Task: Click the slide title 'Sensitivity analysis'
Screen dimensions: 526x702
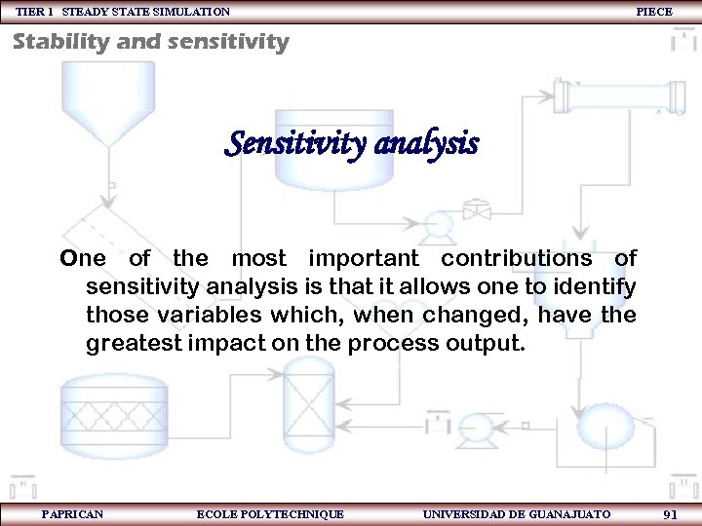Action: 352,145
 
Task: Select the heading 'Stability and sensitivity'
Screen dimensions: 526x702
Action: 151,42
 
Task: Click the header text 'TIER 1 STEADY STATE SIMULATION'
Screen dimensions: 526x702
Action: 123,12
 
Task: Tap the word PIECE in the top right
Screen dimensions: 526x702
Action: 653,12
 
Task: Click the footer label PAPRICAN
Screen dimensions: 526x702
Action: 73,513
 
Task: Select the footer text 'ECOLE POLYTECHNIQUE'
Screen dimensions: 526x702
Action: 270,513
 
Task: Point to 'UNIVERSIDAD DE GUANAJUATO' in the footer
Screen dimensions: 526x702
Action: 517,513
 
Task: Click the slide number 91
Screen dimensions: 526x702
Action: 670,513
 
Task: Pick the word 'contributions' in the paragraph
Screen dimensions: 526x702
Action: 516,258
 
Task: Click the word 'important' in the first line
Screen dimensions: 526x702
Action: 364,258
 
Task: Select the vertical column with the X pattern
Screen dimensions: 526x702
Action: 307,404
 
